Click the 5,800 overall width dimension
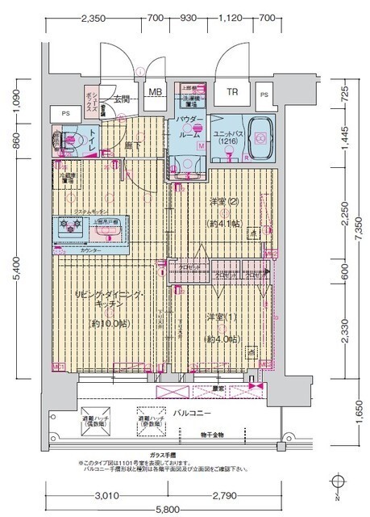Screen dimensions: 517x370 pyautogui.click(x=168, y=511)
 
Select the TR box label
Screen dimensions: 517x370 pyautogui.click(x=232, y=92)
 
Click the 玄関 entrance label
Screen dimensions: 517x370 pyautogui.click(x=121, y=99)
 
